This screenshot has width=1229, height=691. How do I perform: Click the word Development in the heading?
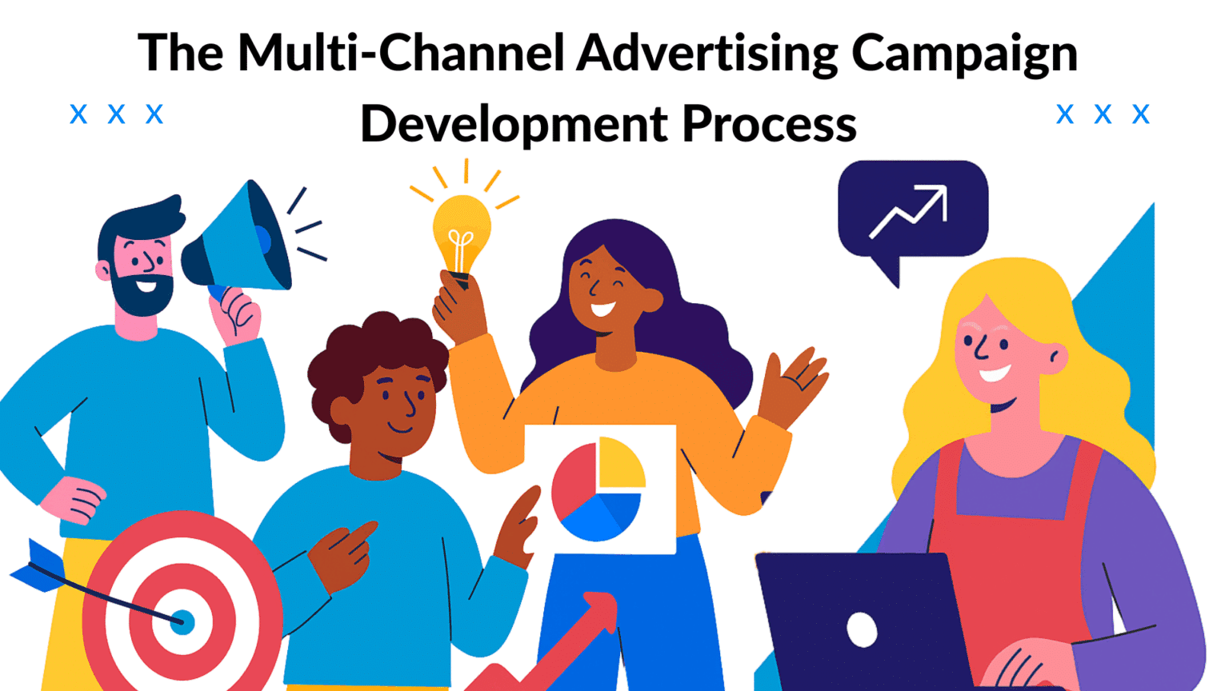(514, 124)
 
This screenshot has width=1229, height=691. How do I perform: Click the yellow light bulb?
(461, 232)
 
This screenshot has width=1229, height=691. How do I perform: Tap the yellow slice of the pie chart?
(619, 463)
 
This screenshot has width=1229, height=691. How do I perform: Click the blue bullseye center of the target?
(182, 621)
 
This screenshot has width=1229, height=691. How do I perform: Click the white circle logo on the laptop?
(862, 629)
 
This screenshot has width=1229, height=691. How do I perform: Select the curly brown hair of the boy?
(376, 352)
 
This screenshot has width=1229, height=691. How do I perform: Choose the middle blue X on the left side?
(117, 114)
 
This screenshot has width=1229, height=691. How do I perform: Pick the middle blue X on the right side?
(1103, 114)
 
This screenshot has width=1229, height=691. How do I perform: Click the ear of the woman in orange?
(652, 301)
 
